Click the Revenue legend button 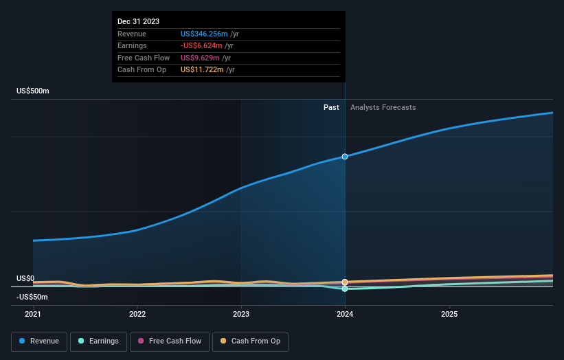click(x=40, y=341)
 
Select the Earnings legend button click(x=98, y=341)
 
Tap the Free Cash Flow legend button click(x=170, y=341)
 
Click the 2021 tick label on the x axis click(x=33, y=314)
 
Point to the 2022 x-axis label click(x=137, y=314)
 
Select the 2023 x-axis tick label click(x=241, y=314)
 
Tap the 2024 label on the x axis click(x=345, y=314)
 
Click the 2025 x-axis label click(x=449, y=314)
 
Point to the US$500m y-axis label click(x=33, y=91)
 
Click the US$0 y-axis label click(x=25, y=278)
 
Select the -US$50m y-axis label click(x=33, y=297)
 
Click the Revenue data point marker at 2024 click(x=345, y=157)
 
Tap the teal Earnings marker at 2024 click(x=345, y=289)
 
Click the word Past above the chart click(x=331, y=107)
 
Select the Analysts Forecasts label click(x=383, y=107)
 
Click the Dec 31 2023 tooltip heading click(x=138, y=21)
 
